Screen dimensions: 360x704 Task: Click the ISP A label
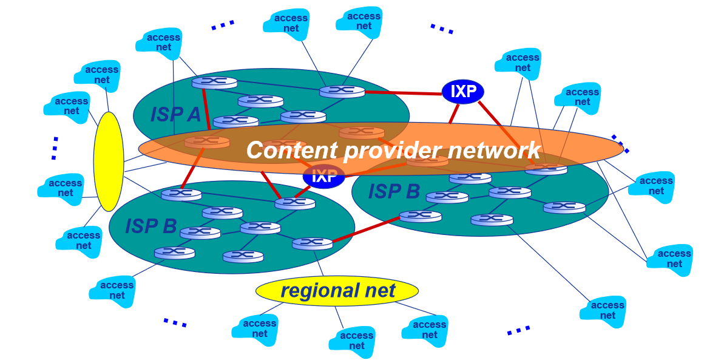click(175, 114)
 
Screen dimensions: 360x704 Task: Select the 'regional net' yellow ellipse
click(337, 291)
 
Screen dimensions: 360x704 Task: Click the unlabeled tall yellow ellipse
click(109, 161)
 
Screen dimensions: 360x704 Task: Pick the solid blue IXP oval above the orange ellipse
click(463, 92)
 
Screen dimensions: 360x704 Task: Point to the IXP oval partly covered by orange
click(323, 177)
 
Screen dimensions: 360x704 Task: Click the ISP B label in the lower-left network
click(151, 226)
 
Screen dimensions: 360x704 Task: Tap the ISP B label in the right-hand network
click(394, 192)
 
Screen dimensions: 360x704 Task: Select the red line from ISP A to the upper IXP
click(403, 93)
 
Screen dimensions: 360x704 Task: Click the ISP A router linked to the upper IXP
click(342, 92)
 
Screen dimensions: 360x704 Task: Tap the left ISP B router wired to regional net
click(313, 243)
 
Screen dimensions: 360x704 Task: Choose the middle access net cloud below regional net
click(352, 341)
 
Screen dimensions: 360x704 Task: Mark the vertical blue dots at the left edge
click(55, 148)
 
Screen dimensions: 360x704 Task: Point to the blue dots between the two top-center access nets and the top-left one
click(222, 25)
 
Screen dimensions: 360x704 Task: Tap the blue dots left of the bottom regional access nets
click(175, 322)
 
